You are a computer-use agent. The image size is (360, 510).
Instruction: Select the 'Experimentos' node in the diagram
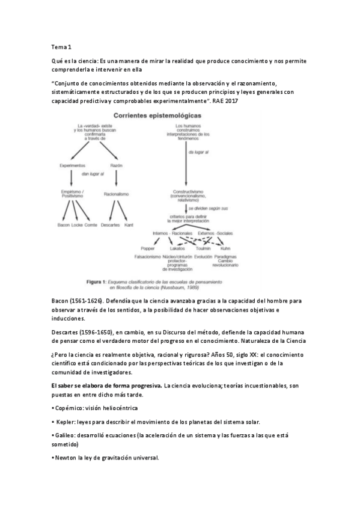(x=72, y=165)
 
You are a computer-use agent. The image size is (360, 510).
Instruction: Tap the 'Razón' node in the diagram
(x=117, y=165)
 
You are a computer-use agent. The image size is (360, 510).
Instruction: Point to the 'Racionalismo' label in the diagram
(x=117, y=194)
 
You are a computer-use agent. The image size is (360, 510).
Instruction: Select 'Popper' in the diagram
(x=147, y=248)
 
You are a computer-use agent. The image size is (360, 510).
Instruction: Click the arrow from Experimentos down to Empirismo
(x=72, y=177)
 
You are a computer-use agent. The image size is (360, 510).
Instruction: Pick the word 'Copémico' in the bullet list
(x=68, y=407)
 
